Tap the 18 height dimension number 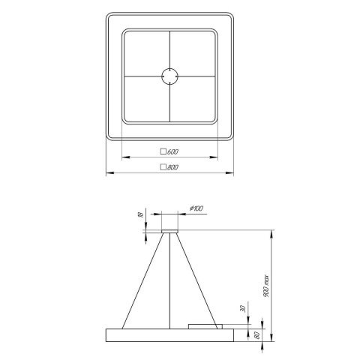point(139,214)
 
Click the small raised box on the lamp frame point(205,325)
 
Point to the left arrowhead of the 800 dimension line point(107,174)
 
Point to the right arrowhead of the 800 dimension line point(232,174)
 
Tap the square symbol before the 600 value point(163,151)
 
